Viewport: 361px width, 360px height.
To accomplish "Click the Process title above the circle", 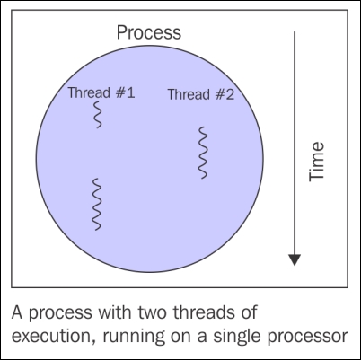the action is coord(149,33).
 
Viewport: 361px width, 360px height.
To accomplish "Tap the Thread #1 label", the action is coord(101,92).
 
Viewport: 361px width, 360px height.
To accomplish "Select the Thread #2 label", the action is coord(201,94).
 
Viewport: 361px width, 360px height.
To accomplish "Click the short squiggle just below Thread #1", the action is coord(98,115).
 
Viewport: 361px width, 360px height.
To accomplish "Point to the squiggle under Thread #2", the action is coord(203,153).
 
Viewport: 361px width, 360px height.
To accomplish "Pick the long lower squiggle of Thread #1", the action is coord(96,204).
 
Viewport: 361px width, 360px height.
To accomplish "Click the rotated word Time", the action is coord(316,162).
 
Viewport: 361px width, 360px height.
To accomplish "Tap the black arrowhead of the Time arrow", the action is coord(295,259).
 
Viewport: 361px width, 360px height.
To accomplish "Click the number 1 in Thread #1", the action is coord(130,92).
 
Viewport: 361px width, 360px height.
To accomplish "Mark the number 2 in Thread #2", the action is coord(230,94).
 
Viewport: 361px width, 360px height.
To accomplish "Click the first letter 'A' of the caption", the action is coord(17,312).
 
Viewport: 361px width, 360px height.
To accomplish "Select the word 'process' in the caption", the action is coord(60,313).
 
